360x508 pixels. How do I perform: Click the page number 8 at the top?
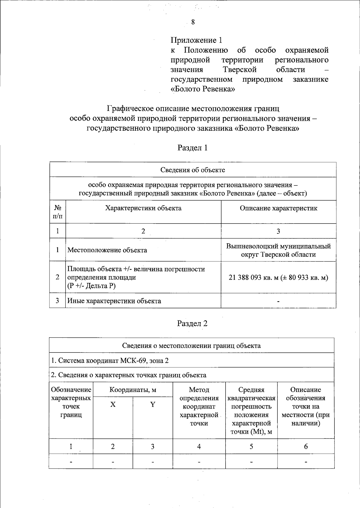tap(193, 22)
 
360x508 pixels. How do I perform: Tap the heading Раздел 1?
tap(193, 148)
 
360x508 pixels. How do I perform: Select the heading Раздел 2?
tap(193, 323)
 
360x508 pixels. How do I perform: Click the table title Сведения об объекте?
tap(193, 170)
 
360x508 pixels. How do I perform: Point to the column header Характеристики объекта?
tap(143, 208)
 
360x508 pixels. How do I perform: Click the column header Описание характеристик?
tap(278, 208)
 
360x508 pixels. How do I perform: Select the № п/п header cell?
tap(58, 212)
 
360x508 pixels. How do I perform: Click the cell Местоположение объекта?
tap(107, 250)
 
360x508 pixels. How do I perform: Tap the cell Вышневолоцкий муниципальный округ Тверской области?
tap(278, 250)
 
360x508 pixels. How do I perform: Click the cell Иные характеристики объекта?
tap(114, 301)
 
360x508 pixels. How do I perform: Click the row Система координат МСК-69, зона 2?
tap(110, 360)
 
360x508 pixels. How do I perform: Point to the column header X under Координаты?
tap(112, 405)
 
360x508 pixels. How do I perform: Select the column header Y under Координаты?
tap(152, 405)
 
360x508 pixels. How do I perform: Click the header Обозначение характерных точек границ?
tap(71, 402)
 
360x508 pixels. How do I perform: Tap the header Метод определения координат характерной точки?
tap(199, 406)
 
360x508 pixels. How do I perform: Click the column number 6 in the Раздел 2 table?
tap(306, 447)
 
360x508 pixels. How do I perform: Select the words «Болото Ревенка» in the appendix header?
tap(202, 89)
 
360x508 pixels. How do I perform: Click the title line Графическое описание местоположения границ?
tap(193, 108)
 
